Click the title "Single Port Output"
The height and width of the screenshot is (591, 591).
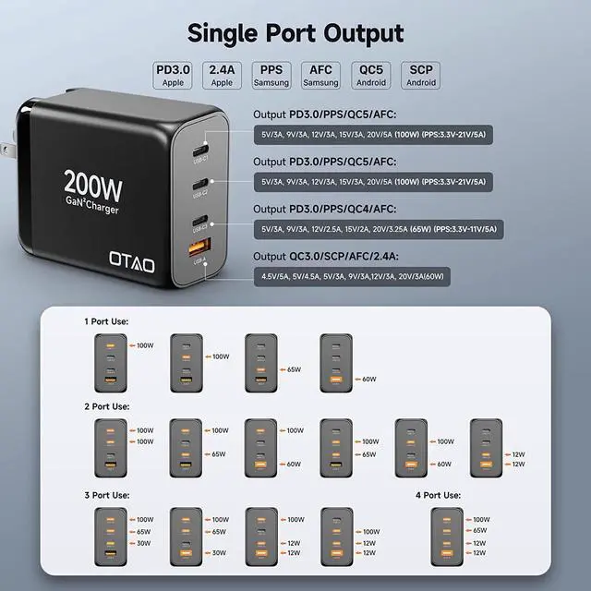(295, 33)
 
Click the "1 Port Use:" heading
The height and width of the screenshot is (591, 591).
(106, 321)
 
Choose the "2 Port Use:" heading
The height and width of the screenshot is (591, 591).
(106, 405)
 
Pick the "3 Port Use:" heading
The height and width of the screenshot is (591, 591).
(106, 494)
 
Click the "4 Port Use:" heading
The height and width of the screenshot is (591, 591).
(440, 494)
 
